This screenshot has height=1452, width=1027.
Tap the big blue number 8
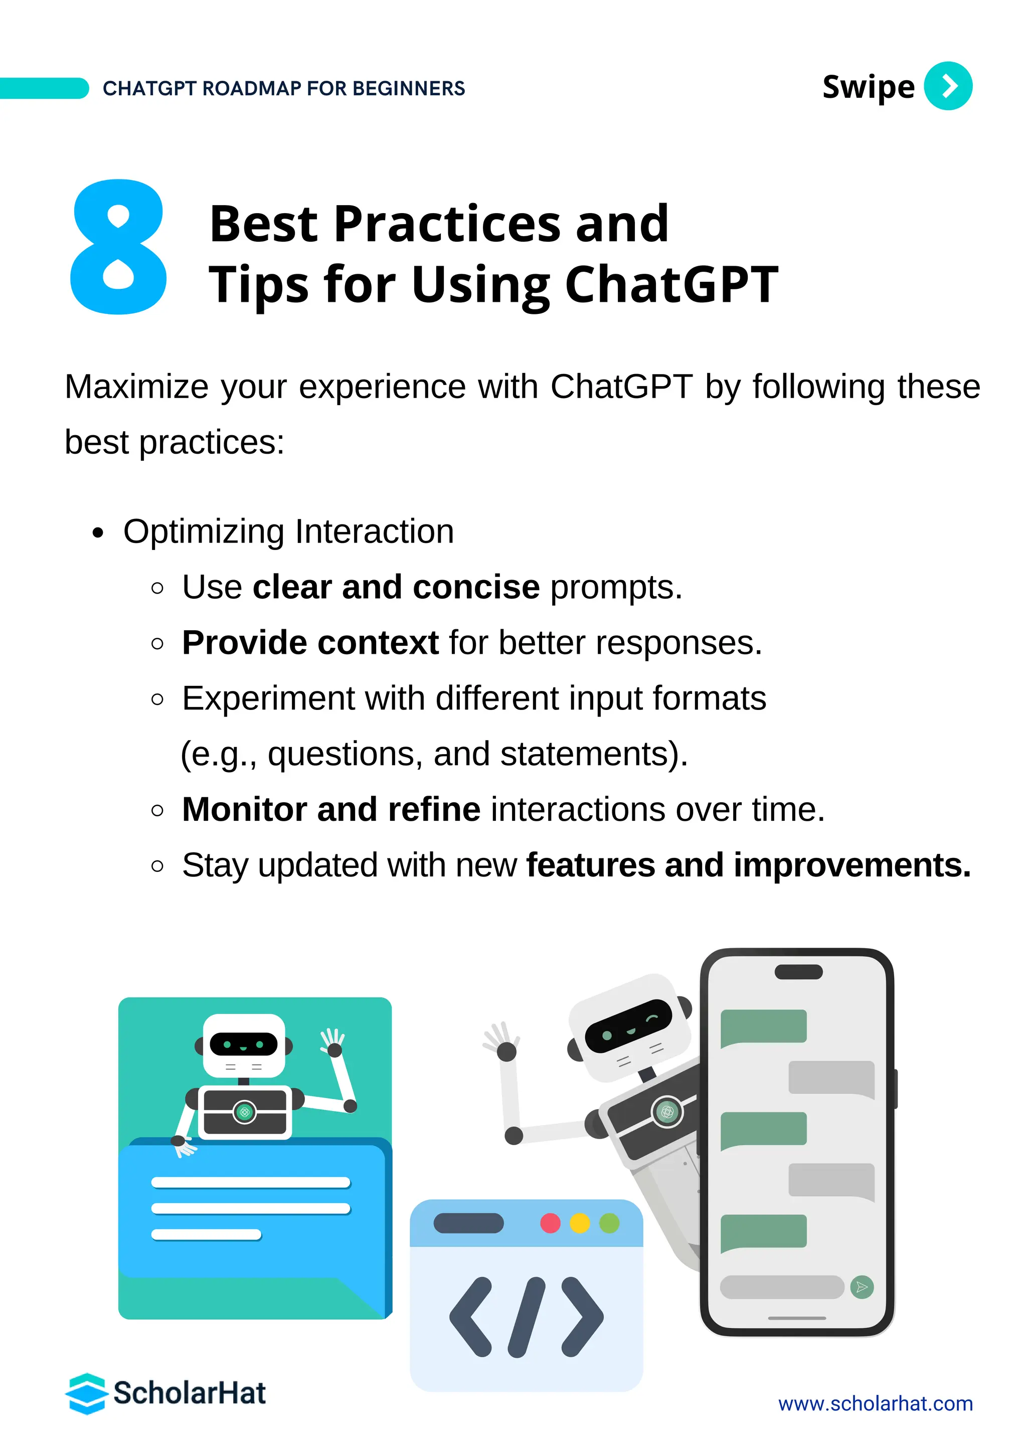(x=118, y=247)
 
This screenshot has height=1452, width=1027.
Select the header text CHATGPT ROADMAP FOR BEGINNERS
(x=283, y=89)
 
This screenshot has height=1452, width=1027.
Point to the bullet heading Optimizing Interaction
(x=288, y=531)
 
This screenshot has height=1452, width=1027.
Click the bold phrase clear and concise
(x=396, y=587)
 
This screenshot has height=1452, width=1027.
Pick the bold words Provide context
(x=310, y=643)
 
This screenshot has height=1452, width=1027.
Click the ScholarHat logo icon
(x=86, y=1394)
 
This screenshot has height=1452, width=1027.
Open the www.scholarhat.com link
(x=875, y=1404)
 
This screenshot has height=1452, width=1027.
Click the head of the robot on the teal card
(x=244, y=1045)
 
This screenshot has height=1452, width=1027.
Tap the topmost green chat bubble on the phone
(x=763, y=1026)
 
